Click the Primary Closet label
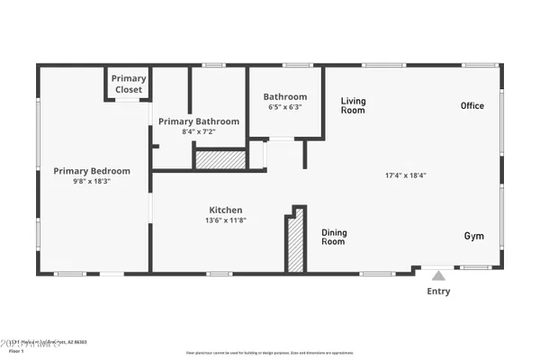[129, 84]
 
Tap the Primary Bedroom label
[92, 171]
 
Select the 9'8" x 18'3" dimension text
[92, 181]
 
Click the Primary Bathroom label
[199, 121]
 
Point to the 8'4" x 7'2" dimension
[199, 131]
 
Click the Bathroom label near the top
[285, 97]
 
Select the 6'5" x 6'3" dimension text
[285, 107]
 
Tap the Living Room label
[353, 105]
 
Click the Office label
[472, 106]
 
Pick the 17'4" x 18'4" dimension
[404, 175]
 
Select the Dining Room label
[334, 238]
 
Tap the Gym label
[473, 237]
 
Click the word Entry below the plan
[438, 292]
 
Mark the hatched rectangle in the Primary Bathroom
[221, 159]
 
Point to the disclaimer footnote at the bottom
[271, 355]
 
